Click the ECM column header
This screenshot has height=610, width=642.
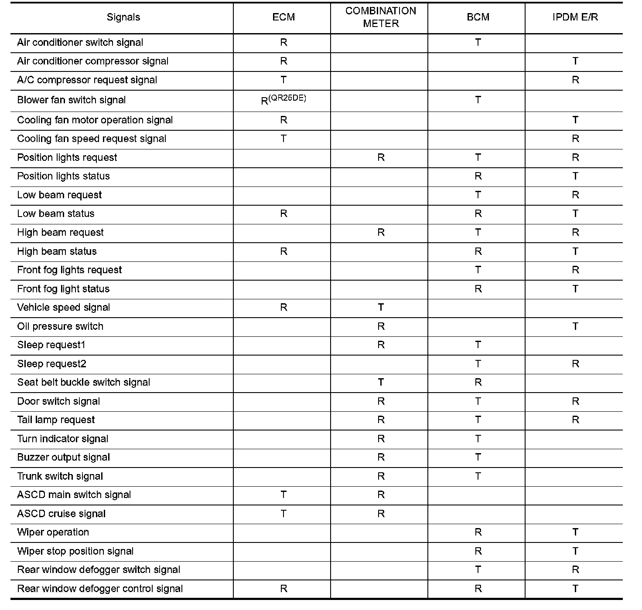point(283,17)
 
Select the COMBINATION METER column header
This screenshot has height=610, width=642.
point(381,17)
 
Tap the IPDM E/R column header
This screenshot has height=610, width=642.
point(575,17)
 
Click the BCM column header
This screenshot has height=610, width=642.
point(478,17)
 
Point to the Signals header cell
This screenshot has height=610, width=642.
point(123,17)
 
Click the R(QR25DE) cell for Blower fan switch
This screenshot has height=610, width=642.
point(283,100)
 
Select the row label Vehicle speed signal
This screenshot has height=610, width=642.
point(64,308)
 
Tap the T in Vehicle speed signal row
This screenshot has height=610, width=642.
point(381,308)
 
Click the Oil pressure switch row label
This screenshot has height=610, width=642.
point(60,326)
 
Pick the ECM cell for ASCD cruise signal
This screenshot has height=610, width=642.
point(283,514)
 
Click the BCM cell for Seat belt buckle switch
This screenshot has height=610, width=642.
point(478,383)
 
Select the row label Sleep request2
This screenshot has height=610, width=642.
point(51,364)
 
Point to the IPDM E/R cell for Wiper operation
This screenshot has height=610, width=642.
point(575,532)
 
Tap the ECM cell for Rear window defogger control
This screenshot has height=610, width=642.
point(283,589)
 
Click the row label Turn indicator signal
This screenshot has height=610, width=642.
point(63,439)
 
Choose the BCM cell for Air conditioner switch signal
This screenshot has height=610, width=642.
point(478,43)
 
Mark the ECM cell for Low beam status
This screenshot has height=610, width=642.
point(283,214)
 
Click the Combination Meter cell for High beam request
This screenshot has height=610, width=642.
point(381,233)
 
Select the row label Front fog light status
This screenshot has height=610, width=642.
point(63,289)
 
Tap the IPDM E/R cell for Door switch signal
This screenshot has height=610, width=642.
point(575,401)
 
